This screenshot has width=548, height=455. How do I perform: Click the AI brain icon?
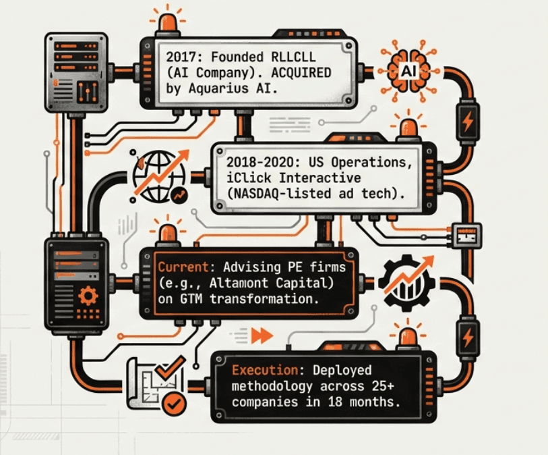(x=407, y=70)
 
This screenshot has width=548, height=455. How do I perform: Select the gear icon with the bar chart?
(x=404, y=284)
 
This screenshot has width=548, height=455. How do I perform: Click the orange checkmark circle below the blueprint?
(x=175, y=404)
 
